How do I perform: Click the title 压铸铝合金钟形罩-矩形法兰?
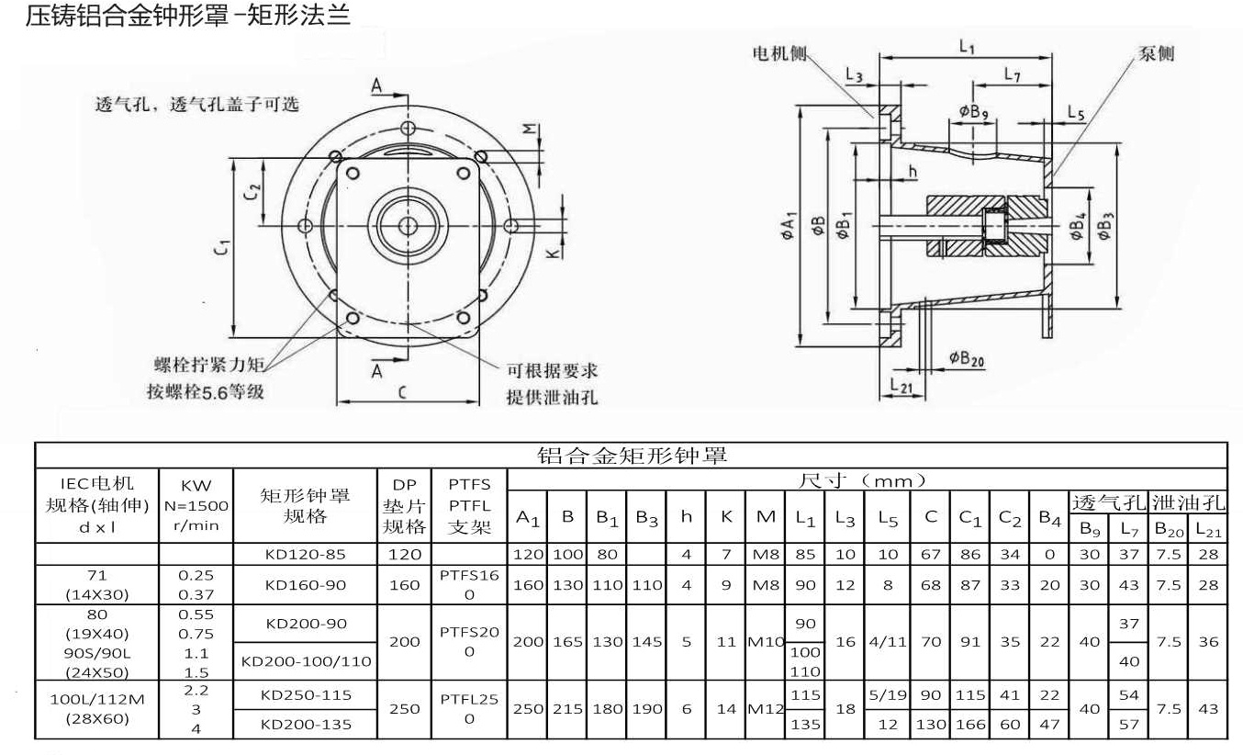(188, 16)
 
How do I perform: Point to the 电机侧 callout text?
(779, 54)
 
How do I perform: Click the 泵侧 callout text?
(1156, 53)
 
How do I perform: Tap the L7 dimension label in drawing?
(1012, 75)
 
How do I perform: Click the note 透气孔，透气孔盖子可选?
(197, 104)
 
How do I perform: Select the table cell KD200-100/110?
(306, 660)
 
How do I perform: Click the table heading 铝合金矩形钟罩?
(632, 456)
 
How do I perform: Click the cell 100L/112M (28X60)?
(96, 708)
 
